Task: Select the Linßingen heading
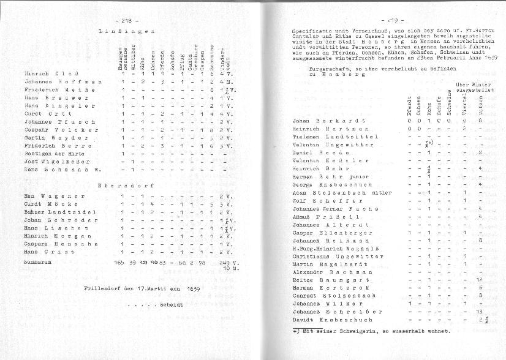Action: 126,30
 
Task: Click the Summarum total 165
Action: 120,262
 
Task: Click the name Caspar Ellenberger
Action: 332,233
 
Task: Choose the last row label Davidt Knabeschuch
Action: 333,320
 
